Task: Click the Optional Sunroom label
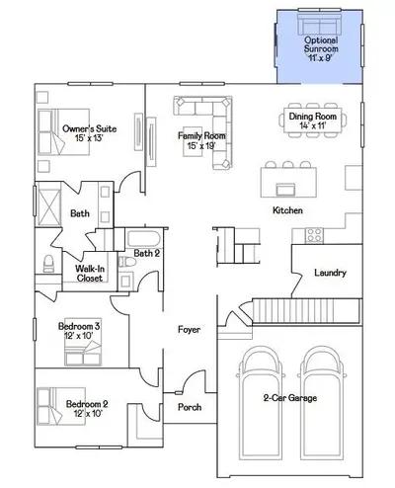[x=321, y=44]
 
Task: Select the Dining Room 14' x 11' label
[x=313, y=121]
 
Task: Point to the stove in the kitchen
[x=314, y=235]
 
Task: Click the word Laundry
[x=330, y=273]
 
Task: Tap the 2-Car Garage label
[x=290, y=398]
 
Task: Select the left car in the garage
[x=260, y=403]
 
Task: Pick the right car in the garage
[x=322, y=403]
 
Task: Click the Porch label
[x=190, y=407]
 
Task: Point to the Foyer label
[x=189, y=329]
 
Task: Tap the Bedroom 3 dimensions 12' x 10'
[x=79, y=335]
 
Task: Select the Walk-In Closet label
[x=90, y=274]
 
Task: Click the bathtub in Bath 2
[x=144, y=239]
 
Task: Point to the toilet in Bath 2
[x=127, y=262]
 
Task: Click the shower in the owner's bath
[x=49, y=204]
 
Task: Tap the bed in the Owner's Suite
[x=63, y=131]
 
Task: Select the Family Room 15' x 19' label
[x=201, y=140]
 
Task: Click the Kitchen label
[x=287, y=210]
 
